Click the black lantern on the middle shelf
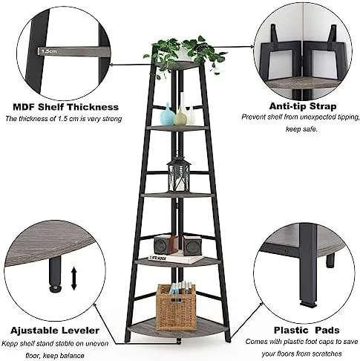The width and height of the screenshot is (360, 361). tap(179, 175)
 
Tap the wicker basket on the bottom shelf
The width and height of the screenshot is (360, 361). tap(177, 307)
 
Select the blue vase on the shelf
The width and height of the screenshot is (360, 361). tap(168, 114)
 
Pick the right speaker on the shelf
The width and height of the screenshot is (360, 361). tap(192, 246)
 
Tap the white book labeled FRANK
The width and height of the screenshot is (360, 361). tap(176, 258)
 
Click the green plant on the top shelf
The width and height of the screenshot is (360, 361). tap(184, 56)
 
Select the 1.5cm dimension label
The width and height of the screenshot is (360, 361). tap(49, 51)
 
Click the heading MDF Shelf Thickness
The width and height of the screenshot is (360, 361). tap(66, 107)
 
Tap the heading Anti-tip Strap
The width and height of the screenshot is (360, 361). tap(303, 106)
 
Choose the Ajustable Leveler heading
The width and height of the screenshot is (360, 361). tap(55, 331)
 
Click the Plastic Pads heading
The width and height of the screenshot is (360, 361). tap(307, 330)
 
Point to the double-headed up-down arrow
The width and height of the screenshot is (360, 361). tap(74, 279)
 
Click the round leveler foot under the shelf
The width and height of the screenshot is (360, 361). tap(56, 288)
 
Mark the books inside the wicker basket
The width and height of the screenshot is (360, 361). tap(180, 287)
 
